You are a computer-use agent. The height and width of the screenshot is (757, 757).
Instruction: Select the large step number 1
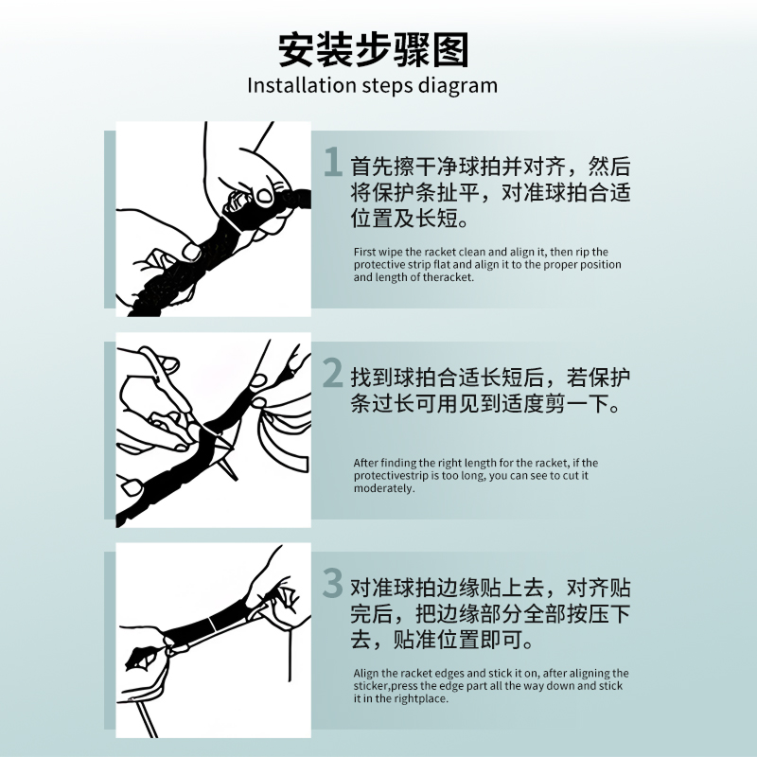(x=331, y=162)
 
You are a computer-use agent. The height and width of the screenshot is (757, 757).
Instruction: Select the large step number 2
(x=332, y=373)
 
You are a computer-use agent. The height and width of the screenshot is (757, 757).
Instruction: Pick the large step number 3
(x=332, y=583)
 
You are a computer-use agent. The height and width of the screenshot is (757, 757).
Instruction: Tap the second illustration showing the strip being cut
(x=214, y=431)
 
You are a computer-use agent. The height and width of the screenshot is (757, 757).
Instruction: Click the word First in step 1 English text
(x=363, y=252)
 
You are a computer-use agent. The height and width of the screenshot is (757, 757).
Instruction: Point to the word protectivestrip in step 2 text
(x=391, y=475)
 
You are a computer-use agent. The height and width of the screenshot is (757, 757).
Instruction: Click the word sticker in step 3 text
(x=371, y=686)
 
